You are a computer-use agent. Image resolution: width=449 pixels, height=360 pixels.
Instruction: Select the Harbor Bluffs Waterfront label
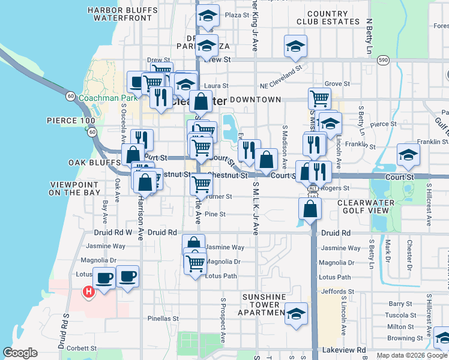tap(119, 14)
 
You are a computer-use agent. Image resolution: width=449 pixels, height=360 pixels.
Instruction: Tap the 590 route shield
tap(382, 60)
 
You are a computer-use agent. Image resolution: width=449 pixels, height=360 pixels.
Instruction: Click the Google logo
tap(20, 353)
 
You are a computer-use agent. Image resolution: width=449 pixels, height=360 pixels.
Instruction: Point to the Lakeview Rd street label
tap(344, 350)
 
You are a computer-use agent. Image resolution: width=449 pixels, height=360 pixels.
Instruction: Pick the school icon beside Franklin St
tap(408, 155)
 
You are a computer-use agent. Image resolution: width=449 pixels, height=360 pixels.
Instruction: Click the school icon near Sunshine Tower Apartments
tap(296, 314)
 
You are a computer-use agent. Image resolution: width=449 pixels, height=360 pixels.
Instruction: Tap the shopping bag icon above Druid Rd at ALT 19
tap(310, 209)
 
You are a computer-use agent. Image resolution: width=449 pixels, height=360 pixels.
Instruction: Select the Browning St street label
tap(402, 338)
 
